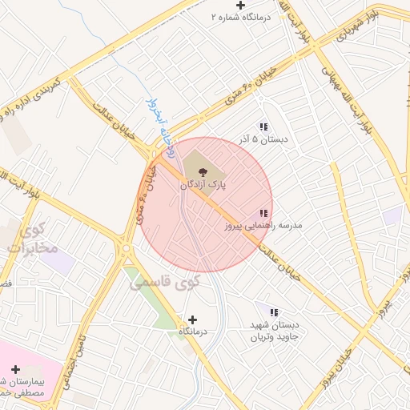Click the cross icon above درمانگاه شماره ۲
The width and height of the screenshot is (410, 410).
pos(240,6)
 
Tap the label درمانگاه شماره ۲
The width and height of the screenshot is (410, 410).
pos(241,17)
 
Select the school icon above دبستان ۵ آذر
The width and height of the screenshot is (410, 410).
pos(263,127)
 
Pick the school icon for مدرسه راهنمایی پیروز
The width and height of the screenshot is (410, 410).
pos(263,214)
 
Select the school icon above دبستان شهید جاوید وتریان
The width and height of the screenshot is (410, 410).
pos(274,312)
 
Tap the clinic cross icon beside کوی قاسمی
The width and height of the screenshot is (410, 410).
pos(191,320)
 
